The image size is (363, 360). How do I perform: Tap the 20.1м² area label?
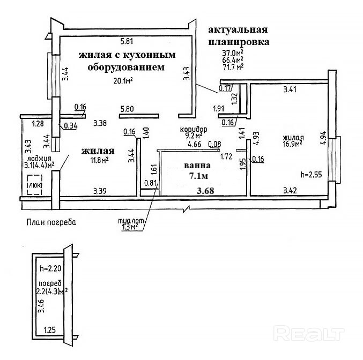123,81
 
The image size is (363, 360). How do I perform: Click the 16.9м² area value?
293,143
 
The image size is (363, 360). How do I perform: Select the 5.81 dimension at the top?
127,41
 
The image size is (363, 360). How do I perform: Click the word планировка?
239,41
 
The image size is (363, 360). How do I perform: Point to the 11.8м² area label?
99,159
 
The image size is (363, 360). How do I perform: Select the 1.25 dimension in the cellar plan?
50,331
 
